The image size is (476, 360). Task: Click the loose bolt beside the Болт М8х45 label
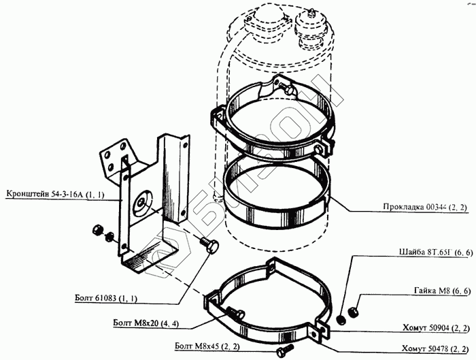283,349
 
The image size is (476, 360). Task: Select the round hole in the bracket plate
143,200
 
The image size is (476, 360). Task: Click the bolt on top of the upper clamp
287,88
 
